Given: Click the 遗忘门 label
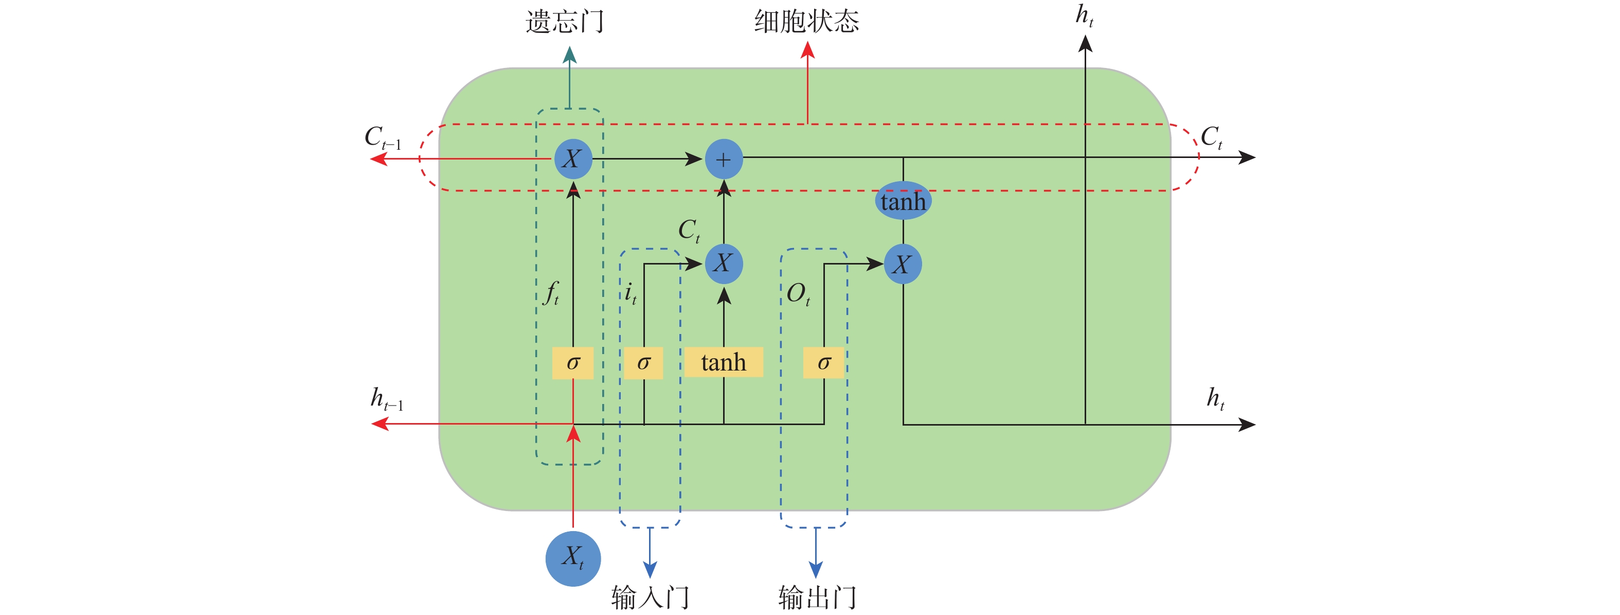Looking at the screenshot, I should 564,22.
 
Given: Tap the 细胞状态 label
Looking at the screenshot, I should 806,22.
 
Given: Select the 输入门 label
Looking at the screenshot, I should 650,597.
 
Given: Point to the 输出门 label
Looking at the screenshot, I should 816,597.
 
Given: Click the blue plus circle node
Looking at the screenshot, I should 723,159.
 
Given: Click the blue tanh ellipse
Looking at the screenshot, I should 903,201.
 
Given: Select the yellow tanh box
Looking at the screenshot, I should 723,363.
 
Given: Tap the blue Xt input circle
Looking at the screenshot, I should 573,558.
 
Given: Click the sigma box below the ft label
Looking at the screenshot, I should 572,363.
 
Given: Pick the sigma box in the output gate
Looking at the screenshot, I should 823,363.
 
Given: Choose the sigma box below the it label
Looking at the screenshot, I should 643,363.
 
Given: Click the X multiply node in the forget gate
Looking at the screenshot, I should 572,159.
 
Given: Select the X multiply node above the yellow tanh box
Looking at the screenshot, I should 723,263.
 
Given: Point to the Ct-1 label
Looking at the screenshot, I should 382,137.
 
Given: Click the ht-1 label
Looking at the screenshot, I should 386,399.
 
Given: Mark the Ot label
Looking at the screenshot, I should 798,294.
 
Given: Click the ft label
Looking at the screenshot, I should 551,293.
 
